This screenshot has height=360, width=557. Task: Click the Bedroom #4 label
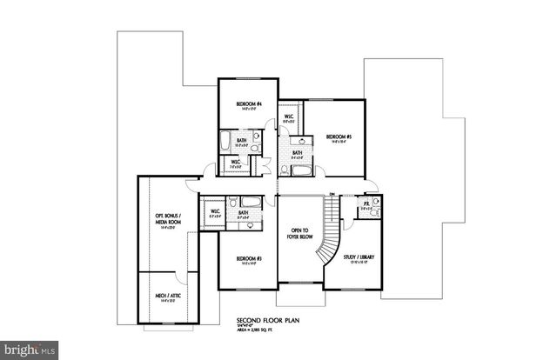[x=245, y=104]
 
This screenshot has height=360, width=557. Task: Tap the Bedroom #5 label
[x=338, y=137]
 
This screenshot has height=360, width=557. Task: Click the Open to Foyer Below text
[x=299, y=234]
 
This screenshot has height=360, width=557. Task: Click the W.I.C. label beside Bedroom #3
[x=213, y=212]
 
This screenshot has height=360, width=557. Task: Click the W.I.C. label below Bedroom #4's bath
[x=235, y=162]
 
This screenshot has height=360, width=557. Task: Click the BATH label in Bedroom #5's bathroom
[x=297, y=153]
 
